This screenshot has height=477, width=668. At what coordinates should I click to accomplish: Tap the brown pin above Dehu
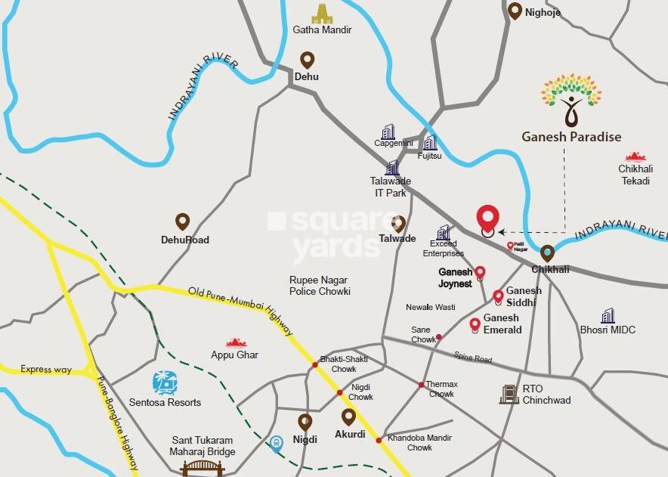tap(307, 60)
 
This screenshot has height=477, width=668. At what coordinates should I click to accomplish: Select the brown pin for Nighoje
tap(515, 11)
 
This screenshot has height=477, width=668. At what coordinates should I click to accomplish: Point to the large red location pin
tap(488, 219)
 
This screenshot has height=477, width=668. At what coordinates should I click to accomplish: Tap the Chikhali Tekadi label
tap(635, 175)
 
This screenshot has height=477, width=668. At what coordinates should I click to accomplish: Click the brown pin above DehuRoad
tap(182, 221)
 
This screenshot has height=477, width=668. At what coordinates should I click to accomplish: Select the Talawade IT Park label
tap(388, 187)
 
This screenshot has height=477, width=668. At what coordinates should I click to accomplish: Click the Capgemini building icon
tap(388, 132)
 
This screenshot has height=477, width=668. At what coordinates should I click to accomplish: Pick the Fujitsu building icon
tap(430, 142)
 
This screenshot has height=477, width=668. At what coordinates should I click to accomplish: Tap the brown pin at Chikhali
tap(547, 253)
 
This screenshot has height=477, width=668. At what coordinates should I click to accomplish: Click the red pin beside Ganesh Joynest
tap(479, 273)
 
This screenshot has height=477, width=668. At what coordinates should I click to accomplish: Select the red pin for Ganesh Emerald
tap(475, 325)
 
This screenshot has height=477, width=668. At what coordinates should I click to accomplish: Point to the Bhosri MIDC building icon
tap(608, 315)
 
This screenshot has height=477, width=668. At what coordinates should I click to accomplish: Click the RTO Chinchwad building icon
tap(509, 393)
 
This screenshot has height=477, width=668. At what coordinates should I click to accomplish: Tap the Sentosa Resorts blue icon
tap(164, 383)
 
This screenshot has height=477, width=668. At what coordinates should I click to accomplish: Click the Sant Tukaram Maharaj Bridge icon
tap(203, 467)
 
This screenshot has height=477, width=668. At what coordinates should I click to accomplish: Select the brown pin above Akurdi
tap(348, 417)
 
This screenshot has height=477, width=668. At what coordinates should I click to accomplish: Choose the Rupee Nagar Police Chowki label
tap(320, 285)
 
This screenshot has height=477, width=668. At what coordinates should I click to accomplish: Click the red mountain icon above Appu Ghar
tap(236, 342)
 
